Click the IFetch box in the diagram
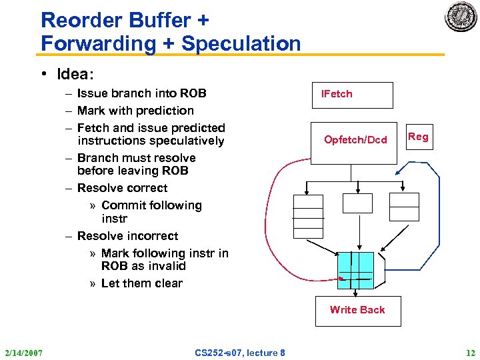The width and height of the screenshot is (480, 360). (x=353, y=95)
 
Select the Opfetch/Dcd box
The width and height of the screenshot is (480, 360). (x=355, y=139)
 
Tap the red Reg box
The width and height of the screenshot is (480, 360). (x=418, y=137)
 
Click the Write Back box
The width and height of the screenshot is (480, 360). (x=357, y=310)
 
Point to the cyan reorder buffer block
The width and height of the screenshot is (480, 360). (x=355, y=270)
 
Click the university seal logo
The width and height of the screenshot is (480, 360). (x=461, y=17)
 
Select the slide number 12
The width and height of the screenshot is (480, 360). (x=471, y=353)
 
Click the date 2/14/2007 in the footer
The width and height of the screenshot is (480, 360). (x=23, y=353)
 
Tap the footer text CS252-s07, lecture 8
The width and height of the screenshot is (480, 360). (x=240, y=353)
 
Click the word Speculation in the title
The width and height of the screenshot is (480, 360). (x=241, y=44)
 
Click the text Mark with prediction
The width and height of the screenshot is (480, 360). (x=135, y=111)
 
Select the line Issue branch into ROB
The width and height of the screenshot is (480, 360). (x=141, y=93)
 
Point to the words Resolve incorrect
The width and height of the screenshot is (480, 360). (x=127, y=236)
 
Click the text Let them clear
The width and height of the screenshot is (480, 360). (x=141, y=283)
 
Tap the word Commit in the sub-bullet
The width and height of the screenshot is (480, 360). (x=125, y=205)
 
